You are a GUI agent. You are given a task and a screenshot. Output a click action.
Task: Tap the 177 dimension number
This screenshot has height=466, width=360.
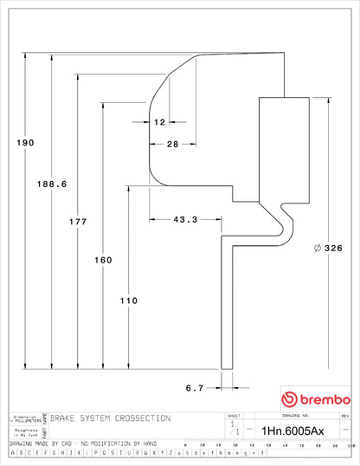coord(78,222)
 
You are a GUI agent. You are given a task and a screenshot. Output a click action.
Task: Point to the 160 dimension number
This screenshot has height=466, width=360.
coord(103,260)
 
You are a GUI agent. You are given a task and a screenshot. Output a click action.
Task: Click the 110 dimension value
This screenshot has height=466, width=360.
coord(128,301)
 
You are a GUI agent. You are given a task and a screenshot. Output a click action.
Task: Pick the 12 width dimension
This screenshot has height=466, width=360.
coord(159,122)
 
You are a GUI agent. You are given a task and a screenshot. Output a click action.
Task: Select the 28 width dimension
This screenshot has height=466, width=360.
coord(172,145)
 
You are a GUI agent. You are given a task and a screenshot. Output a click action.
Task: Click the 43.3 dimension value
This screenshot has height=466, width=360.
coord(185,220)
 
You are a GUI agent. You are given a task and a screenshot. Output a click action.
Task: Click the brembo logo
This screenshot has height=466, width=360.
coord(315,399)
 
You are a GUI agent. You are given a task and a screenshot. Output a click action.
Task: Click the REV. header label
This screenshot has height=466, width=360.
coord(344,416)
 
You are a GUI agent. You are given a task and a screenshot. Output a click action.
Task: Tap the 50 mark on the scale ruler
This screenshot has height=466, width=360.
coord(271,443)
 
